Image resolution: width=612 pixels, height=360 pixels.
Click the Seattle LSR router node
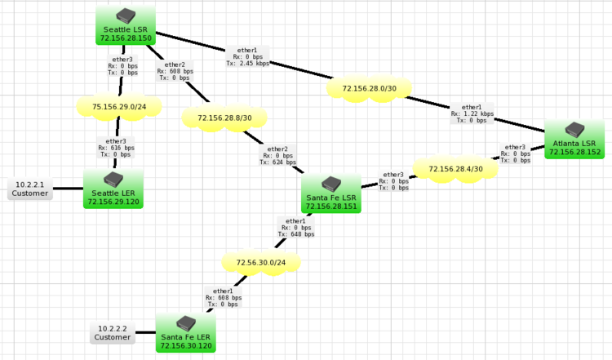click(126, 25)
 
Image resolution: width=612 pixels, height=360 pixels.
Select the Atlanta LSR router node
click(574, 139)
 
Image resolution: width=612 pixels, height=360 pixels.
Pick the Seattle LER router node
click(113, 188)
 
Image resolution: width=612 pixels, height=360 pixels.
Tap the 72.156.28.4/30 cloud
click(455, 169)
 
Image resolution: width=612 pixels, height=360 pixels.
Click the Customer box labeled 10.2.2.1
click(30, 189)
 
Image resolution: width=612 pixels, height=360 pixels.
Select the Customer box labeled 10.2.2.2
click(112, 332)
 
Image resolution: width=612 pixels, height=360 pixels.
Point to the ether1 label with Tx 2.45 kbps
click(247, 56)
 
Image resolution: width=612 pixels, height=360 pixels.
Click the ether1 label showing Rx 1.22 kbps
click(472, 113)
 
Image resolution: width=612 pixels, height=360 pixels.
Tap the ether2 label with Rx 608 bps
click(175, 71)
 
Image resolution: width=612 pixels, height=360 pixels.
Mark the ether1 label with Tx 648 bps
click(295, 228)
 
